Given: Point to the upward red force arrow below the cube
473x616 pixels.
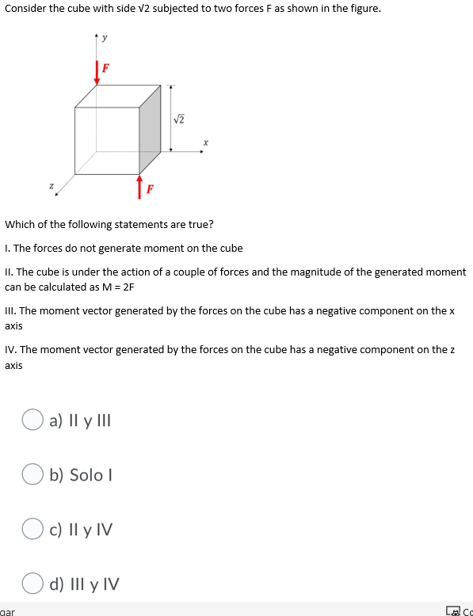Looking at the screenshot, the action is [139, 186].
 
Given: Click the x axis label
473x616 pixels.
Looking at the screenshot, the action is [204, 143].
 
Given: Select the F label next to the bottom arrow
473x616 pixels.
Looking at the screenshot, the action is [149, 188].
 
